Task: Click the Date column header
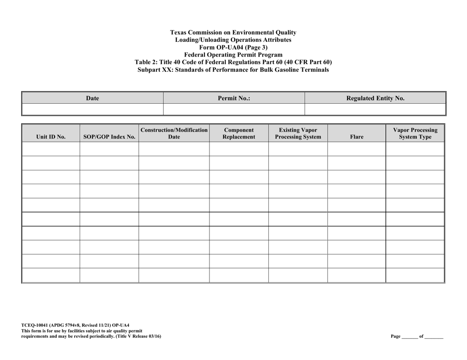point(92,98)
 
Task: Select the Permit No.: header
point(234,98)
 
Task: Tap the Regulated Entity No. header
point(375,98)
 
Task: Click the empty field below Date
point(92,109)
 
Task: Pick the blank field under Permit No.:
point(234,109)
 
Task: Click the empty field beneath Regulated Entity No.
point(375,109)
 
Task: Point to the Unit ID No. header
point(51,137)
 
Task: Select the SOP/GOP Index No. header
point(109,137)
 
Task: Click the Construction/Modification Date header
point(174,134)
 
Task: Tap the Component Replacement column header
point(238,134)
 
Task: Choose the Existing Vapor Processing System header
point(297,134)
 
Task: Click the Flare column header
point(356,137)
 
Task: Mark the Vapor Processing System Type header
point(415,134)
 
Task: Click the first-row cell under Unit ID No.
point(51,149)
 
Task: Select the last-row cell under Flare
point(356,276)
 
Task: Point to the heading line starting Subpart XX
point(233,70)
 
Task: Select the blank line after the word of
point(434,336)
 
